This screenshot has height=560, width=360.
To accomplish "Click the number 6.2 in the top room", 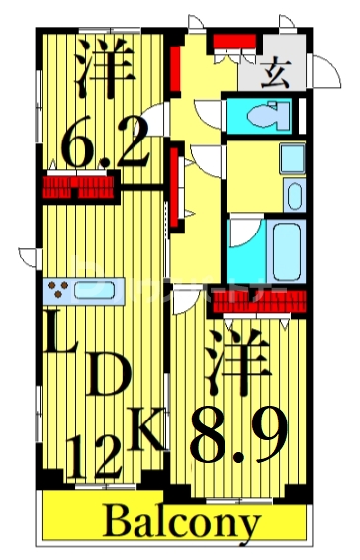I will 106,146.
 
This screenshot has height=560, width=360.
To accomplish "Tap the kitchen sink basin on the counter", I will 96,291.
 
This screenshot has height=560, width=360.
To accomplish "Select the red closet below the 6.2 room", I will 78,186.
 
